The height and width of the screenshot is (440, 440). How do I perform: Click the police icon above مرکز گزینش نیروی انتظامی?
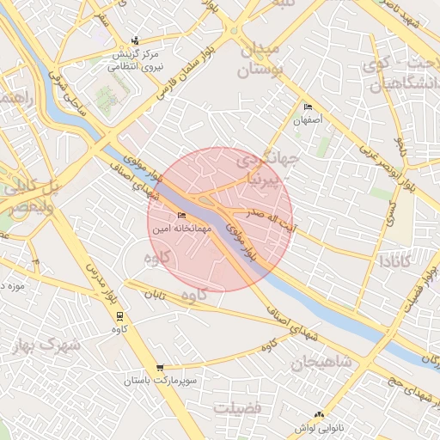[x=135, y=40]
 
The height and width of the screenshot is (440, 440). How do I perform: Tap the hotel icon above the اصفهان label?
[x=309, y=107]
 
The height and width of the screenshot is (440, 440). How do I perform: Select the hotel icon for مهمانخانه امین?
[x=180, y=216]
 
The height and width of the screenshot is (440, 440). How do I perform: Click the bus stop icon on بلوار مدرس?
[x=119, y=315]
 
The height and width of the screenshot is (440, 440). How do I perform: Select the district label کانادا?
[x=403, y=260]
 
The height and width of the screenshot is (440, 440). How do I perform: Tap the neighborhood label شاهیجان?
[x=321, y=362]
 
